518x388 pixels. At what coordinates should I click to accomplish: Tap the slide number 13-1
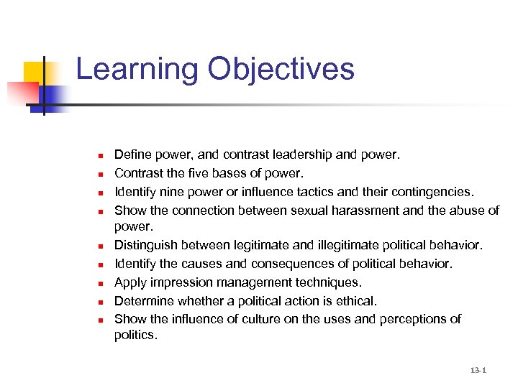tap(478, 371)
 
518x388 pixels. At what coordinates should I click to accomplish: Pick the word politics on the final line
tap(135, 335)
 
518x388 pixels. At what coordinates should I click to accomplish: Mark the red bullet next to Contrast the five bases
tap(102, 174)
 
